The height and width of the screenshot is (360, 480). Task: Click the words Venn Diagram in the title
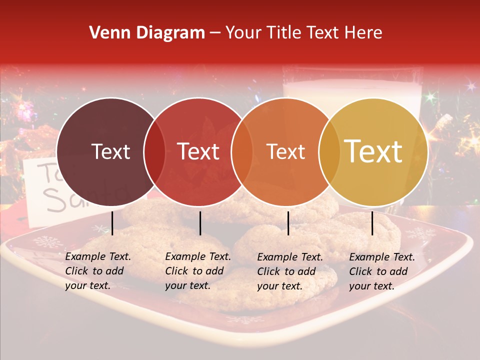tap(146, 33)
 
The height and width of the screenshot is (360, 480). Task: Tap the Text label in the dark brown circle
tap(110, 151)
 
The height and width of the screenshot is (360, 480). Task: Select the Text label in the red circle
tap(198, 151)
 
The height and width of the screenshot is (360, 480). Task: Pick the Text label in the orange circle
tap(286, 151)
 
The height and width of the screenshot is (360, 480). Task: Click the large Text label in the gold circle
tap(373, 151)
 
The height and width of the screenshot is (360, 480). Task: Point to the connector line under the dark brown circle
tap(112, 223)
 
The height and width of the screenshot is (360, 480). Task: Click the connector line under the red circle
tap(200, 223)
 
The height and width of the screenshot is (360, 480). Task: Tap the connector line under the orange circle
tap(288, 223)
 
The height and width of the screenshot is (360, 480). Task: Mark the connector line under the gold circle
tap(372, 223)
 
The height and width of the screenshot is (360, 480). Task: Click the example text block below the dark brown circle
tap(98, 271)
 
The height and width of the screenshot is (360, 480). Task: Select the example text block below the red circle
tap(198, 271)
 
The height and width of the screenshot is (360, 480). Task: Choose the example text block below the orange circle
tap(290, 271)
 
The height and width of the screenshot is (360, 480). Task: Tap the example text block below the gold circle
tap(382, 271)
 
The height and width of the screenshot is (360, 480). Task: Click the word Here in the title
tap(366, 33)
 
